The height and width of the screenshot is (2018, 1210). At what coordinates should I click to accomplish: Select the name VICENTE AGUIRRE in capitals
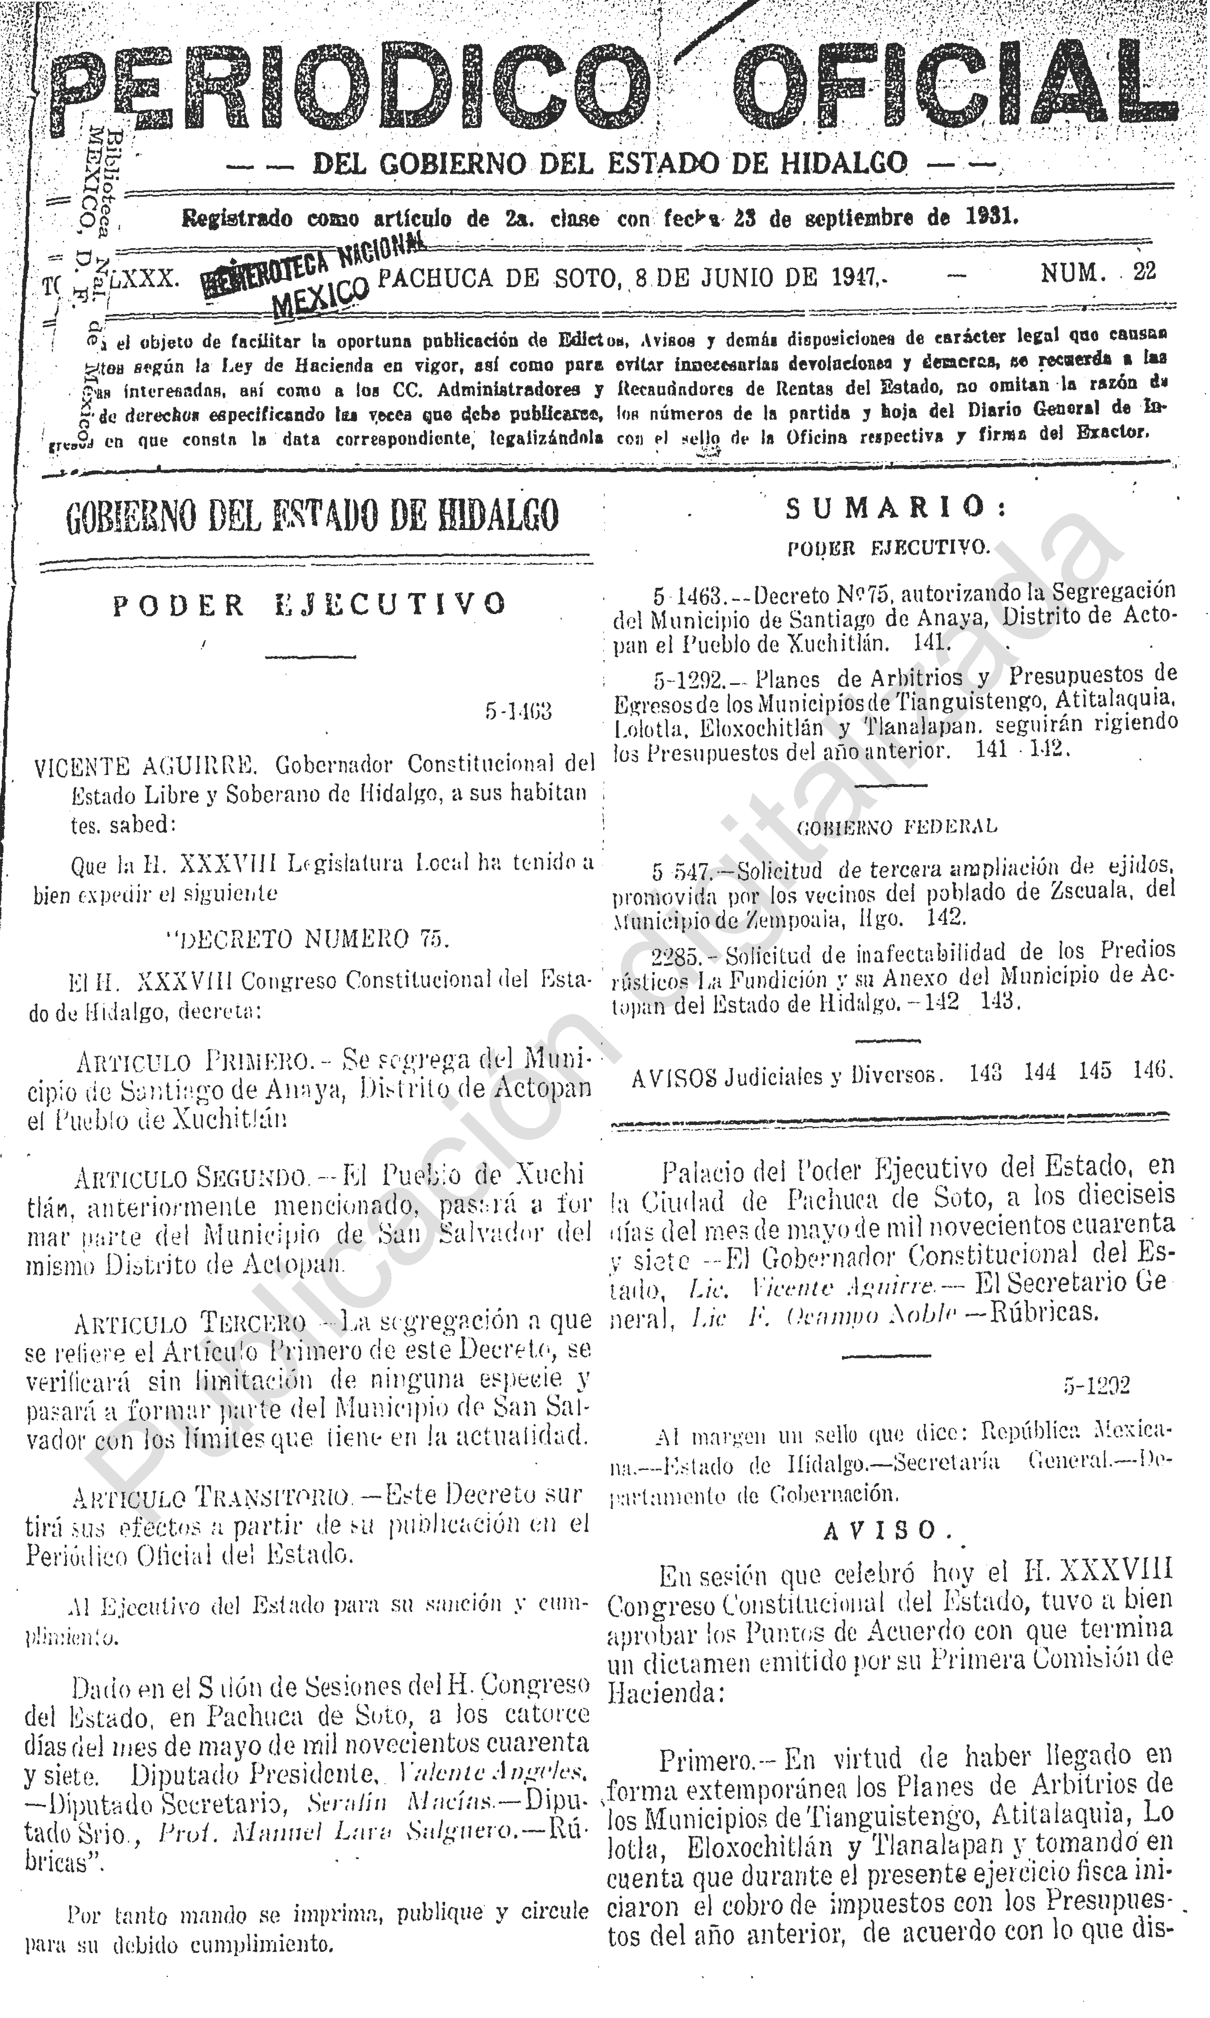coord(147,766)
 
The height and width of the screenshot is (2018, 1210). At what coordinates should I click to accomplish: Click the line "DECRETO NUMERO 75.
coord(308,940)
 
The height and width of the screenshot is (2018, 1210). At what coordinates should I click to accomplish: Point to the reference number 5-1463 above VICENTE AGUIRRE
coord(519,712)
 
